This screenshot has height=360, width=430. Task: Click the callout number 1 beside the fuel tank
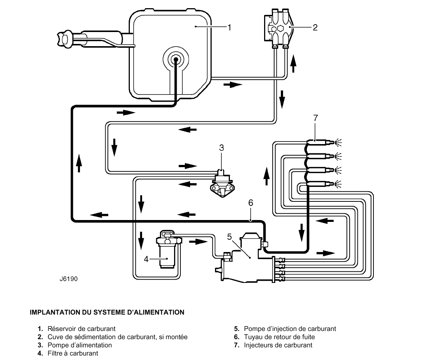(x=230, y=27)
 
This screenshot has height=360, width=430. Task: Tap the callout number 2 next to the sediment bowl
(x=315, y=27)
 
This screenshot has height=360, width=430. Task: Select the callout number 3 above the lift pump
(x=221, y=148)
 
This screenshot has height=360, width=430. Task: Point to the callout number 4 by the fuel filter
(x=146, y=259)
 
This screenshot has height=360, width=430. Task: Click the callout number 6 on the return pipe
(x=250, y=203)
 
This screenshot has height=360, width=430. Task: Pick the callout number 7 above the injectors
(x=315, y=118)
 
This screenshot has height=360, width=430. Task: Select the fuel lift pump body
(x=222, y=184)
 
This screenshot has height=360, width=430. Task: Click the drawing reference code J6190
(x=68, y=278)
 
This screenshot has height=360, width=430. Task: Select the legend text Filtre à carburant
(x=73, y=353)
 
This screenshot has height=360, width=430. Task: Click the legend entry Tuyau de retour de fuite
(x=279, y=337)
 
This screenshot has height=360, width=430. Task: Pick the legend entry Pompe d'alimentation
(x=80, y=345)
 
